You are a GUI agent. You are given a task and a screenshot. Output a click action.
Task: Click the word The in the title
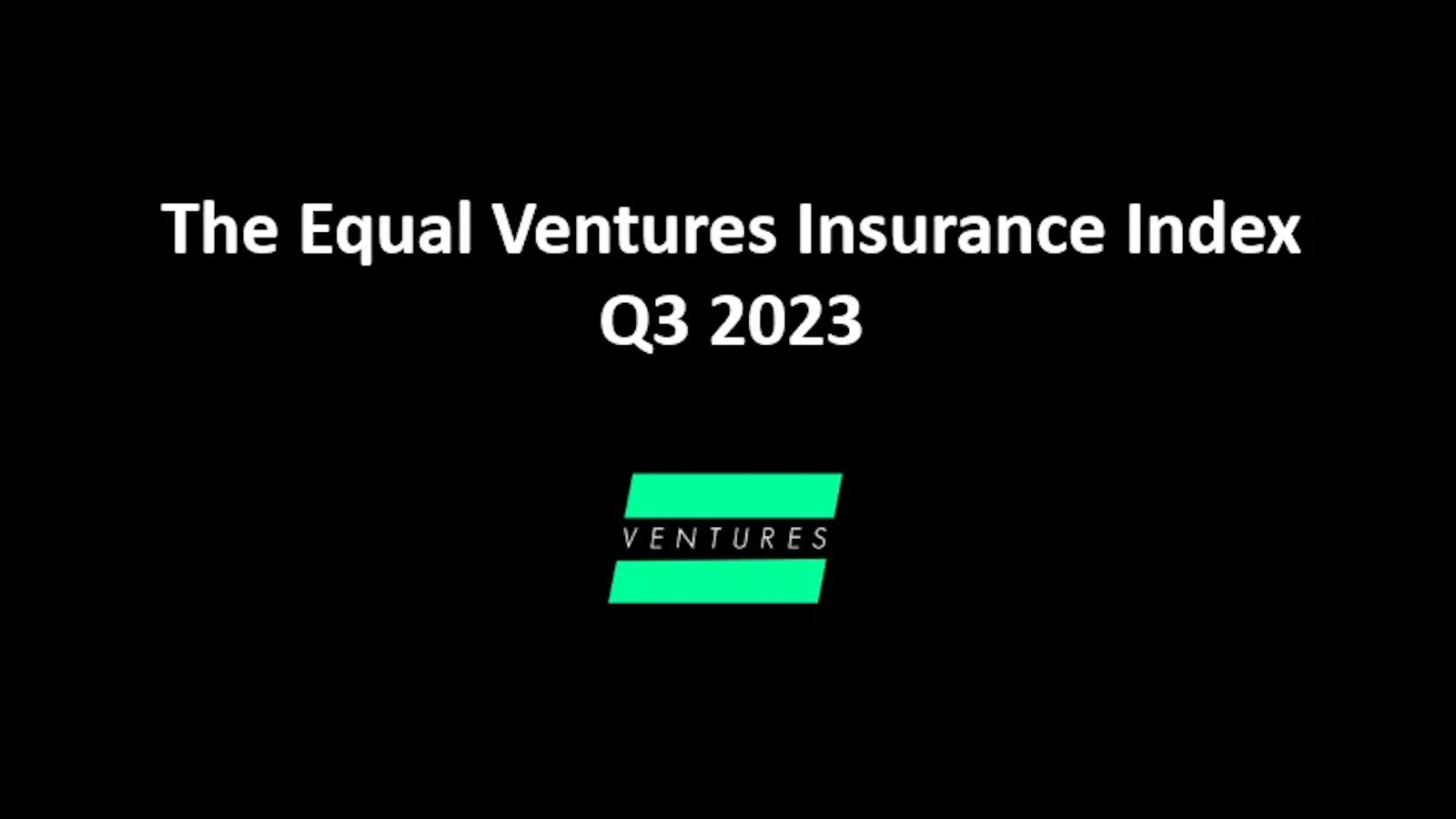pos(219,228)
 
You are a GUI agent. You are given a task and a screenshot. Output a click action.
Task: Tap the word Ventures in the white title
pos(633,228)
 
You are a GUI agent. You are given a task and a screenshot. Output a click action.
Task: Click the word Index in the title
pos(1214,228)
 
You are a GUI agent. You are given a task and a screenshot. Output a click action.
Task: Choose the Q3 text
pos(644,322)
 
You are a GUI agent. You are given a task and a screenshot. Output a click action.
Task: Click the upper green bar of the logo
pos(733,495)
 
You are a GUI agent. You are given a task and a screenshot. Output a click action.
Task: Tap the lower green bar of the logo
pos(718,581)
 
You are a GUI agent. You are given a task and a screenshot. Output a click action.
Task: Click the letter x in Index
pos(1281,235)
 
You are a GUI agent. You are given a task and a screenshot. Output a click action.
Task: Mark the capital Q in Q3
pos(622,323)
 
